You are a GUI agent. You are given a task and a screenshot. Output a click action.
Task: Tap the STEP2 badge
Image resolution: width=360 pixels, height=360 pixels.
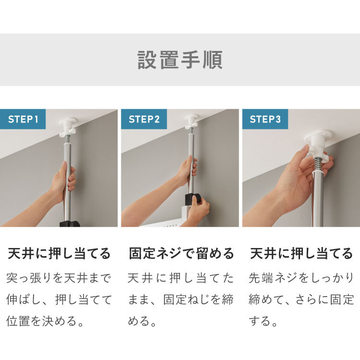pos(144,119)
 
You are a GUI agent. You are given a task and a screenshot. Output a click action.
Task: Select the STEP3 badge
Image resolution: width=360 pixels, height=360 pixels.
pos(265,119)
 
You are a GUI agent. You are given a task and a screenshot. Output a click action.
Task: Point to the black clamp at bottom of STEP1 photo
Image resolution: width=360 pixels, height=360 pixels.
pos(70,223)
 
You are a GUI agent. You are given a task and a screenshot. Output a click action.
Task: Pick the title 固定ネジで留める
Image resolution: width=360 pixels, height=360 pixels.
pos(181,253)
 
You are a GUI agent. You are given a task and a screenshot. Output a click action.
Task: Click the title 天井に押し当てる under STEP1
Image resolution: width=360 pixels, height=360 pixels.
pos(60,253)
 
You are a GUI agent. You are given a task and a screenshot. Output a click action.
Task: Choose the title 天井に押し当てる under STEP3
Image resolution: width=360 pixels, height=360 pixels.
pos(301,253)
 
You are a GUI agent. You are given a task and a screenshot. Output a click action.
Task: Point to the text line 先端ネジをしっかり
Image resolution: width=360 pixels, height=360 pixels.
pos(301,278)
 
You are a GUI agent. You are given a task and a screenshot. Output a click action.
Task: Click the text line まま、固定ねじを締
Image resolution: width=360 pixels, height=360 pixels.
pos(180,299)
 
